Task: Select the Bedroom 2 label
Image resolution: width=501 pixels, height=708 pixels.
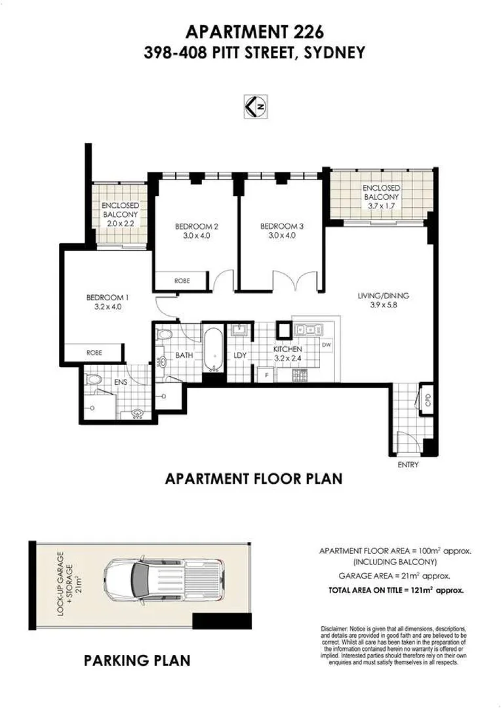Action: (x=197, y=231)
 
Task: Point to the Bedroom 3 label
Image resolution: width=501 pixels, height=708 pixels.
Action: (x=282, y=231)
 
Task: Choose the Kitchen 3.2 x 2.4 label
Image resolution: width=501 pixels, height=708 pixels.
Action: (x=288, y=355)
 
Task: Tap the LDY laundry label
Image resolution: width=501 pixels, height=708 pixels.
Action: (x=239, y=356)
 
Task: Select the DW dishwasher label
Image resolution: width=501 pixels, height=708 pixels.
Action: (x=327, y=345)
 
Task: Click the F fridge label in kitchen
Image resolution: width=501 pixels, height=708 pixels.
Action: (x=266, y=375)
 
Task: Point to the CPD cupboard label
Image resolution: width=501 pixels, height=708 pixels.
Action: (x=427, y=400)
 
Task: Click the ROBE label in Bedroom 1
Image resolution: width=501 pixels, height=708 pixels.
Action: (x=94, y=353)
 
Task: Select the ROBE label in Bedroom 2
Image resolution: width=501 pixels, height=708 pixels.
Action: (x=182, y=281)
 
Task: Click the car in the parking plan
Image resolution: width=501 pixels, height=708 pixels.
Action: (x=163, y=578)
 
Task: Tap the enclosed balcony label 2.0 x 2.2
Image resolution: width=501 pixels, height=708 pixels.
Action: (x=119, y=214)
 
